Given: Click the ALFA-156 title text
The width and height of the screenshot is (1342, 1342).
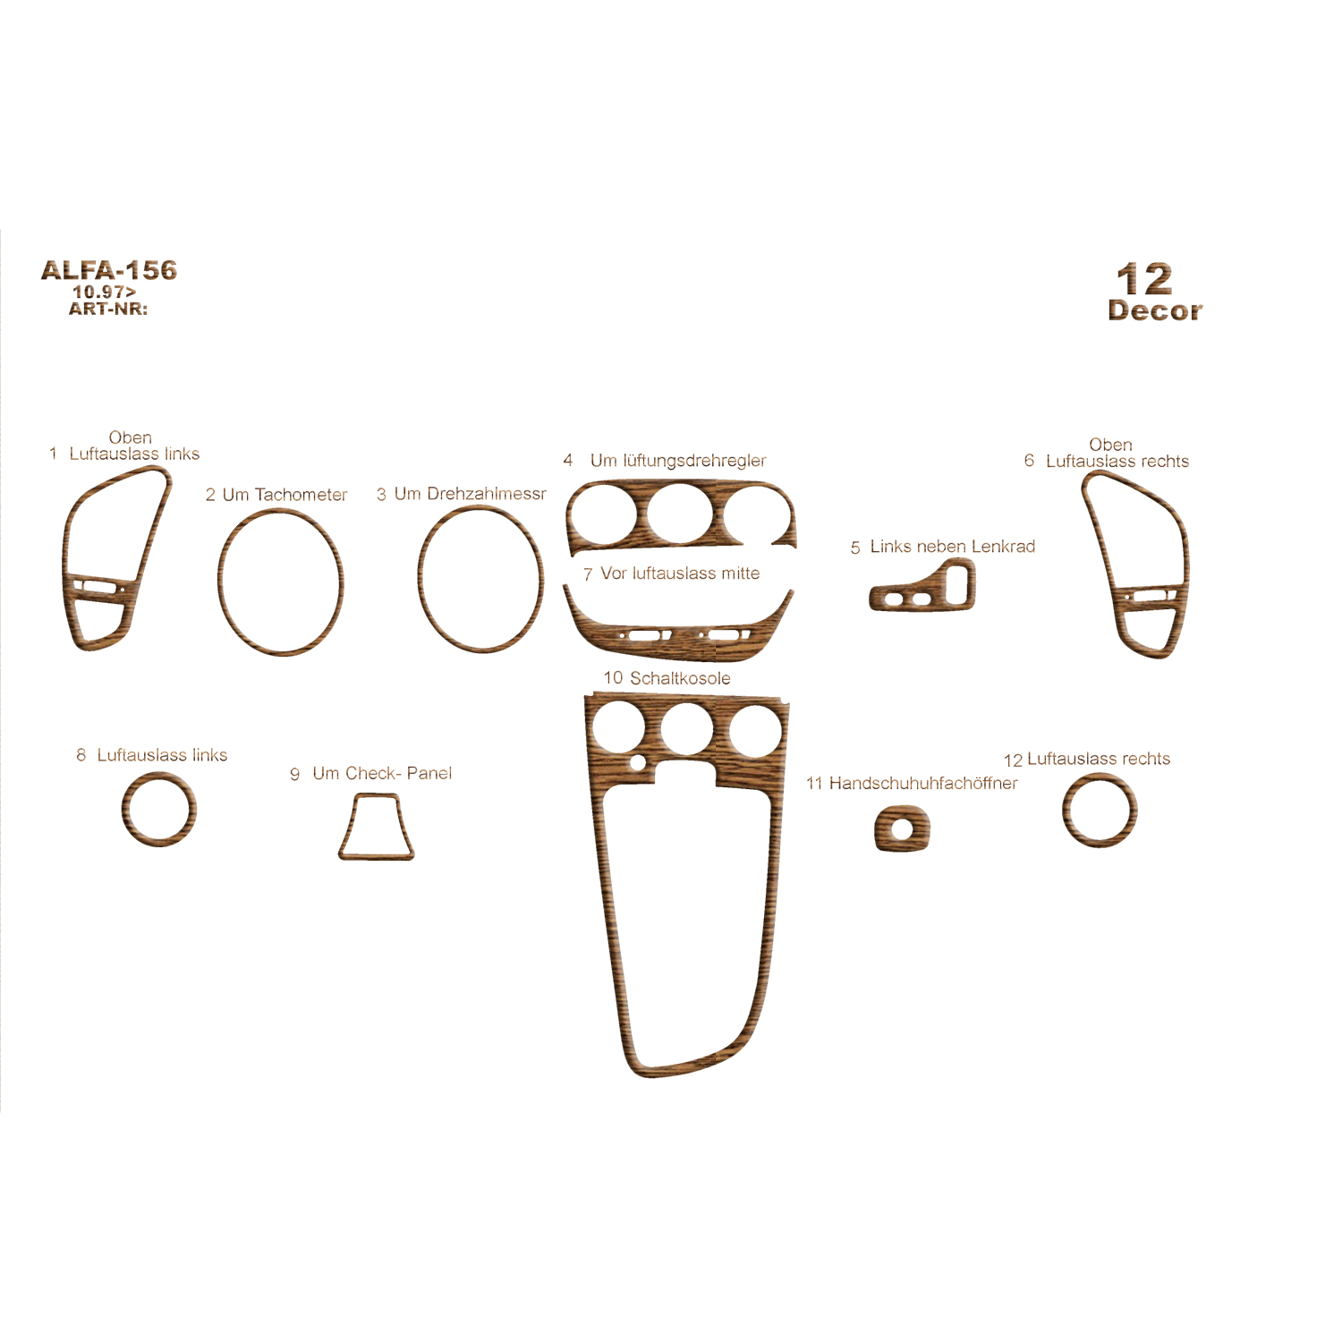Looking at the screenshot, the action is [x=109, y=270].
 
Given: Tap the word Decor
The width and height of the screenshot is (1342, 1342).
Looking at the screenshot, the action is [x=1155, y=310].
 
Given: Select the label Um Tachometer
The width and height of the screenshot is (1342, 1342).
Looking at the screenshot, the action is [x=285, y=495].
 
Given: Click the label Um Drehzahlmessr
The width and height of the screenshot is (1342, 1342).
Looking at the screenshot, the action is [x=470, y=494].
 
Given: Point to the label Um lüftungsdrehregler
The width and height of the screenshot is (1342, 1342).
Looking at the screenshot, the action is [x=678, y=461].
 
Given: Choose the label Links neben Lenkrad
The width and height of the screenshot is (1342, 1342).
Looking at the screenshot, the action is [x=952, y=547].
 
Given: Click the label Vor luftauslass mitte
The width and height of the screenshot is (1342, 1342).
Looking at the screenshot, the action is [x=680, y=573].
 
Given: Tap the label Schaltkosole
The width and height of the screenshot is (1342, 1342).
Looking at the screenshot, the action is [x=680, y=678].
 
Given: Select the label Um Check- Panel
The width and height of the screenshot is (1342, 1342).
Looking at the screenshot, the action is [x=382, y=773].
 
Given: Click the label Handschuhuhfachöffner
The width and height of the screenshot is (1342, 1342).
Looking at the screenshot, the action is [x=923, y=784].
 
